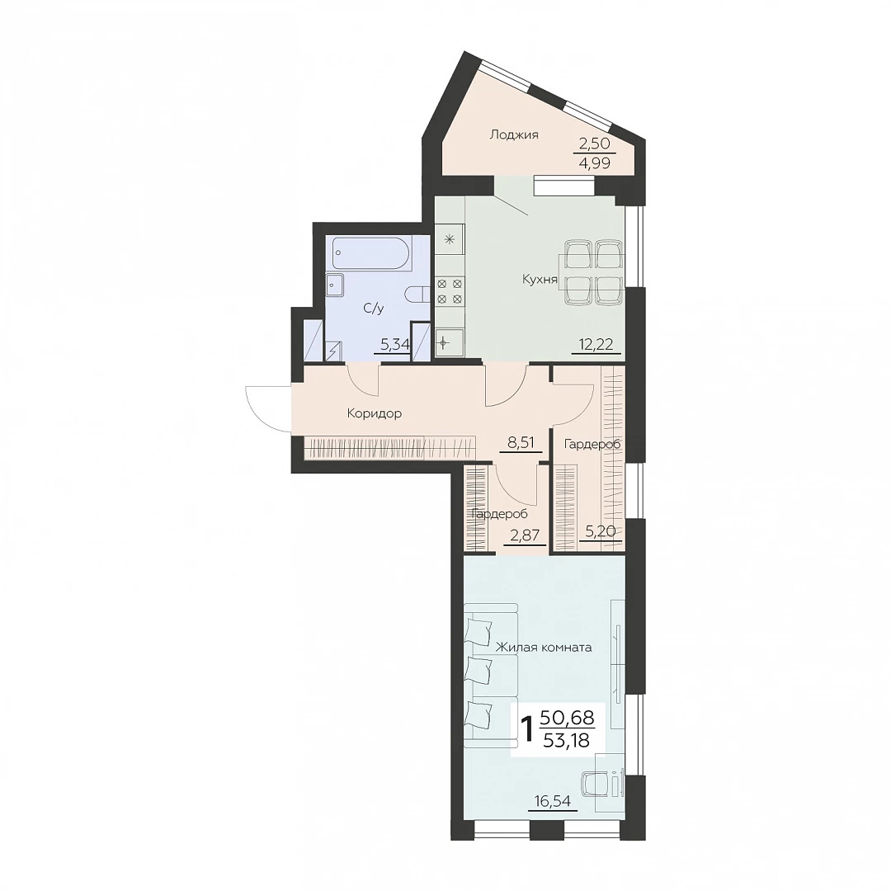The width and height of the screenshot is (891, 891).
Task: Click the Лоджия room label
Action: point(514,135)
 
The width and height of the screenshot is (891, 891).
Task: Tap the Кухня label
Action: point(540,280)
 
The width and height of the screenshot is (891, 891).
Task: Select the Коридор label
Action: point(375,413)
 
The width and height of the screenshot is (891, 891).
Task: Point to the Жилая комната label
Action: point(544,648)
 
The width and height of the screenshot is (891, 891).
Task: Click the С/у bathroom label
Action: point(374,309)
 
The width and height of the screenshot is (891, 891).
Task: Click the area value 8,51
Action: point(521,442)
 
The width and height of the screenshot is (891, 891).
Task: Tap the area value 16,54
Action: point(552,801)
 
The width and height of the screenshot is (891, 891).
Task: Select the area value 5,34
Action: point(394,344)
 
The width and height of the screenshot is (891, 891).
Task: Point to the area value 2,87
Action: point(525,535)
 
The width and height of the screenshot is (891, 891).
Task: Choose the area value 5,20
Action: point(601,530)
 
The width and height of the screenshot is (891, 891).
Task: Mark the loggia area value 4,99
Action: point(595,163)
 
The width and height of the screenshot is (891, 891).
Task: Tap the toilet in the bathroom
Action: point(417,296)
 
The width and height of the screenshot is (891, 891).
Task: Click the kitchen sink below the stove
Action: point(450,343)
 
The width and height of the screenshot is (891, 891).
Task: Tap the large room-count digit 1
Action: point(527,729)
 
